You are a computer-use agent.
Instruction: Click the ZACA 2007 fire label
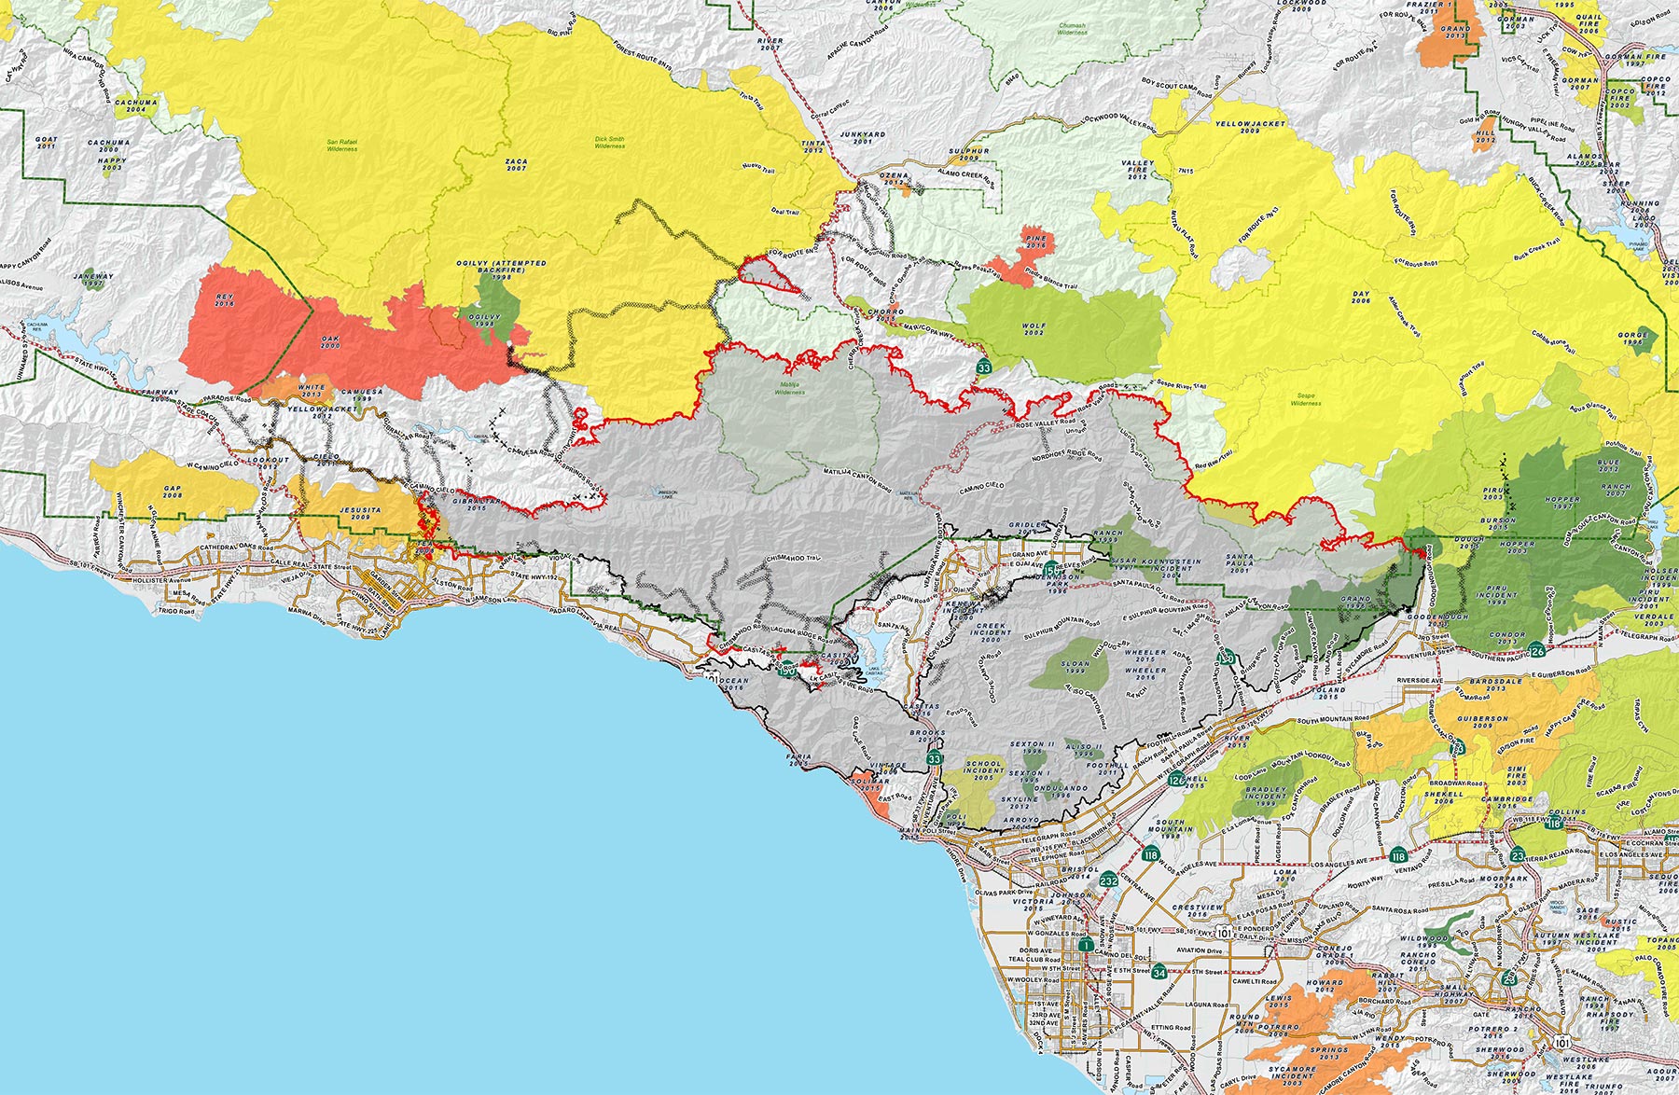point(516,165)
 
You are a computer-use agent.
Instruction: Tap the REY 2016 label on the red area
point(225,300)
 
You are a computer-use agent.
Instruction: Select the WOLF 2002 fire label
point(1034,329)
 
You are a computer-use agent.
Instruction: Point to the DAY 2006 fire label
point(1361,297)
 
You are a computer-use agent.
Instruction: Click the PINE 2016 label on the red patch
point(1035,243)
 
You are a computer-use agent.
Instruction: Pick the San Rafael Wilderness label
point(342,146)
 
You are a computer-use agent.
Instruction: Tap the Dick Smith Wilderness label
point(609,143)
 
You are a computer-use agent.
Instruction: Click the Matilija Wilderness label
point(789,389)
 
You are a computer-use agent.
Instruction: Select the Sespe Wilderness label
point(1305,399)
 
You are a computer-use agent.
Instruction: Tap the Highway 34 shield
point(1159,972)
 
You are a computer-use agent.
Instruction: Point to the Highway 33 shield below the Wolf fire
point(983,367)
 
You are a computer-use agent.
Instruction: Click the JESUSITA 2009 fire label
point(361,513)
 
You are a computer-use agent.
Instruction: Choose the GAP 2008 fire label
point(173,492)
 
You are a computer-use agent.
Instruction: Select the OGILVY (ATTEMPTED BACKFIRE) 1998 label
point(501,270)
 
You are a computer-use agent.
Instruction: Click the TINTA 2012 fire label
point(813,146)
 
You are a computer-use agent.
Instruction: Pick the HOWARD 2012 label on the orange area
point(1325,986)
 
